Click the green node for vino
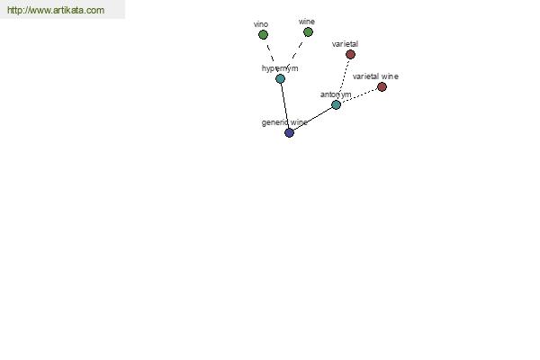(x=263, y=35)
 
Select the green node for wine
(x=308, y=32)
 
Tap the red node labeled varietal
(x=350, y=54)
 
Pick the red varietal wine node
(x=382, y=86)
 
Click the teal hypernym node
(x=280, y=79)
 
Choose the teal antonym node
(x=336, y=104)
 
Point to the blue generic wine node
(x=289, y=132)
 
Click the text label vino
(x=261, y=24)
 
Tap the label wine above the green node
(x=307, y=22)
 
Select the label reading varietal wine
(x=375, y=76)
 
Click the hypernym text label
(x=280, y=68)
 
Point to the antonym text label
(x=336, y=94)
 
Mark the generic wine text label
(x=284, y=122)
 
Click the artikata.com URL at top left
(x=56, y=10)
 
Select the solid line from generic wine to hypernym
(x=284, y=106)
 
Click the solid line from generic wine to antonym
(x=312, y=119)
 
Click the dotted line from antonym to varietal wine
(x=359, y=95)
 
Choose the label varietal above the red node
(x=345, y=44)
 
